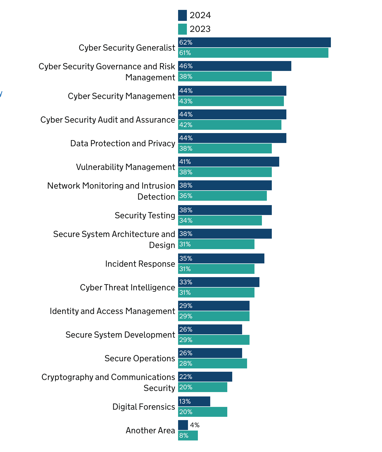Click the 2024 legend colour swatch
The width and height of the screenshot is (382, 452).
coord(182,15)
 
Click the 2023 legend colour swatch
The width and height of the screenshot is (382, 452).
coord(182,29)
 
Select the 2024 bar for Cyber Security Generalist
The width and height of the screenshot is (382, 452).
coord(254,42)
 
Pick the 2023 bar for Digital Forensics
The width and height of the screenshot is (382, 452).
coord(203,412)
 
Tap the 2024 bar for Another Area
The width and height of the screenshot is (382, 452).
coord(183,425)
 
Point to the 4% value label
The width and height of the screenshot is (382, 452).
coord(195,425)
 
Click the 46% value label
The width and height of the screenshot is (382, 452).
coord(186,66)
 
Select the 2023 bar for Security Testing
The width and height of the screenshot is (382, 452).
coord(220,221)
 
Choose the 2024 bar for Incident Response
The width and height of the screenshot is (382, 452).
coord(221,258)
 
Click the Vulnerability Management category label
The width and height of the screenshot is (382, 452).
coord(125,167)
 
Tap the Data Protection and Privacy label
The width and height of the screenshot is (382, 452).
coord(123,144)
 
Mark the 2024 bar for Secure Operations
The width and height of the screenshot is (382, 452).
coord(210,353)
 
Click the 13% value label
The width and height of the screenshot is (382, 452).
coord(185,401)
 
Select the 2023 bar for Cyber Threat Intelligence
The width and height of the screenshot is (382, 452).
coord(216,293)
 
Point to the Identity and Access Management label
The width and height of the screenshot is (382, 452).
coord(112,311)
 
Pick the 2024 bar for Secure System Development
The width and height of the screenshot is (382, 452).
coord(210,329)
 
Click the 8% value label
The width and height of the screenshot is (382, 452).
coord(184,436)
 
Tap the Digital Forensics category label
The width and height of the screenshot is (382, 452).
coord(143,407)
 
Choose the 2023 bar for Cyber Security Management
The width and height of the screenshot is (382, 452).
coord(231,101)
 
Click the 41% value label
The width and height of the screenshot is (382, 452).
coord(185,162)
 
